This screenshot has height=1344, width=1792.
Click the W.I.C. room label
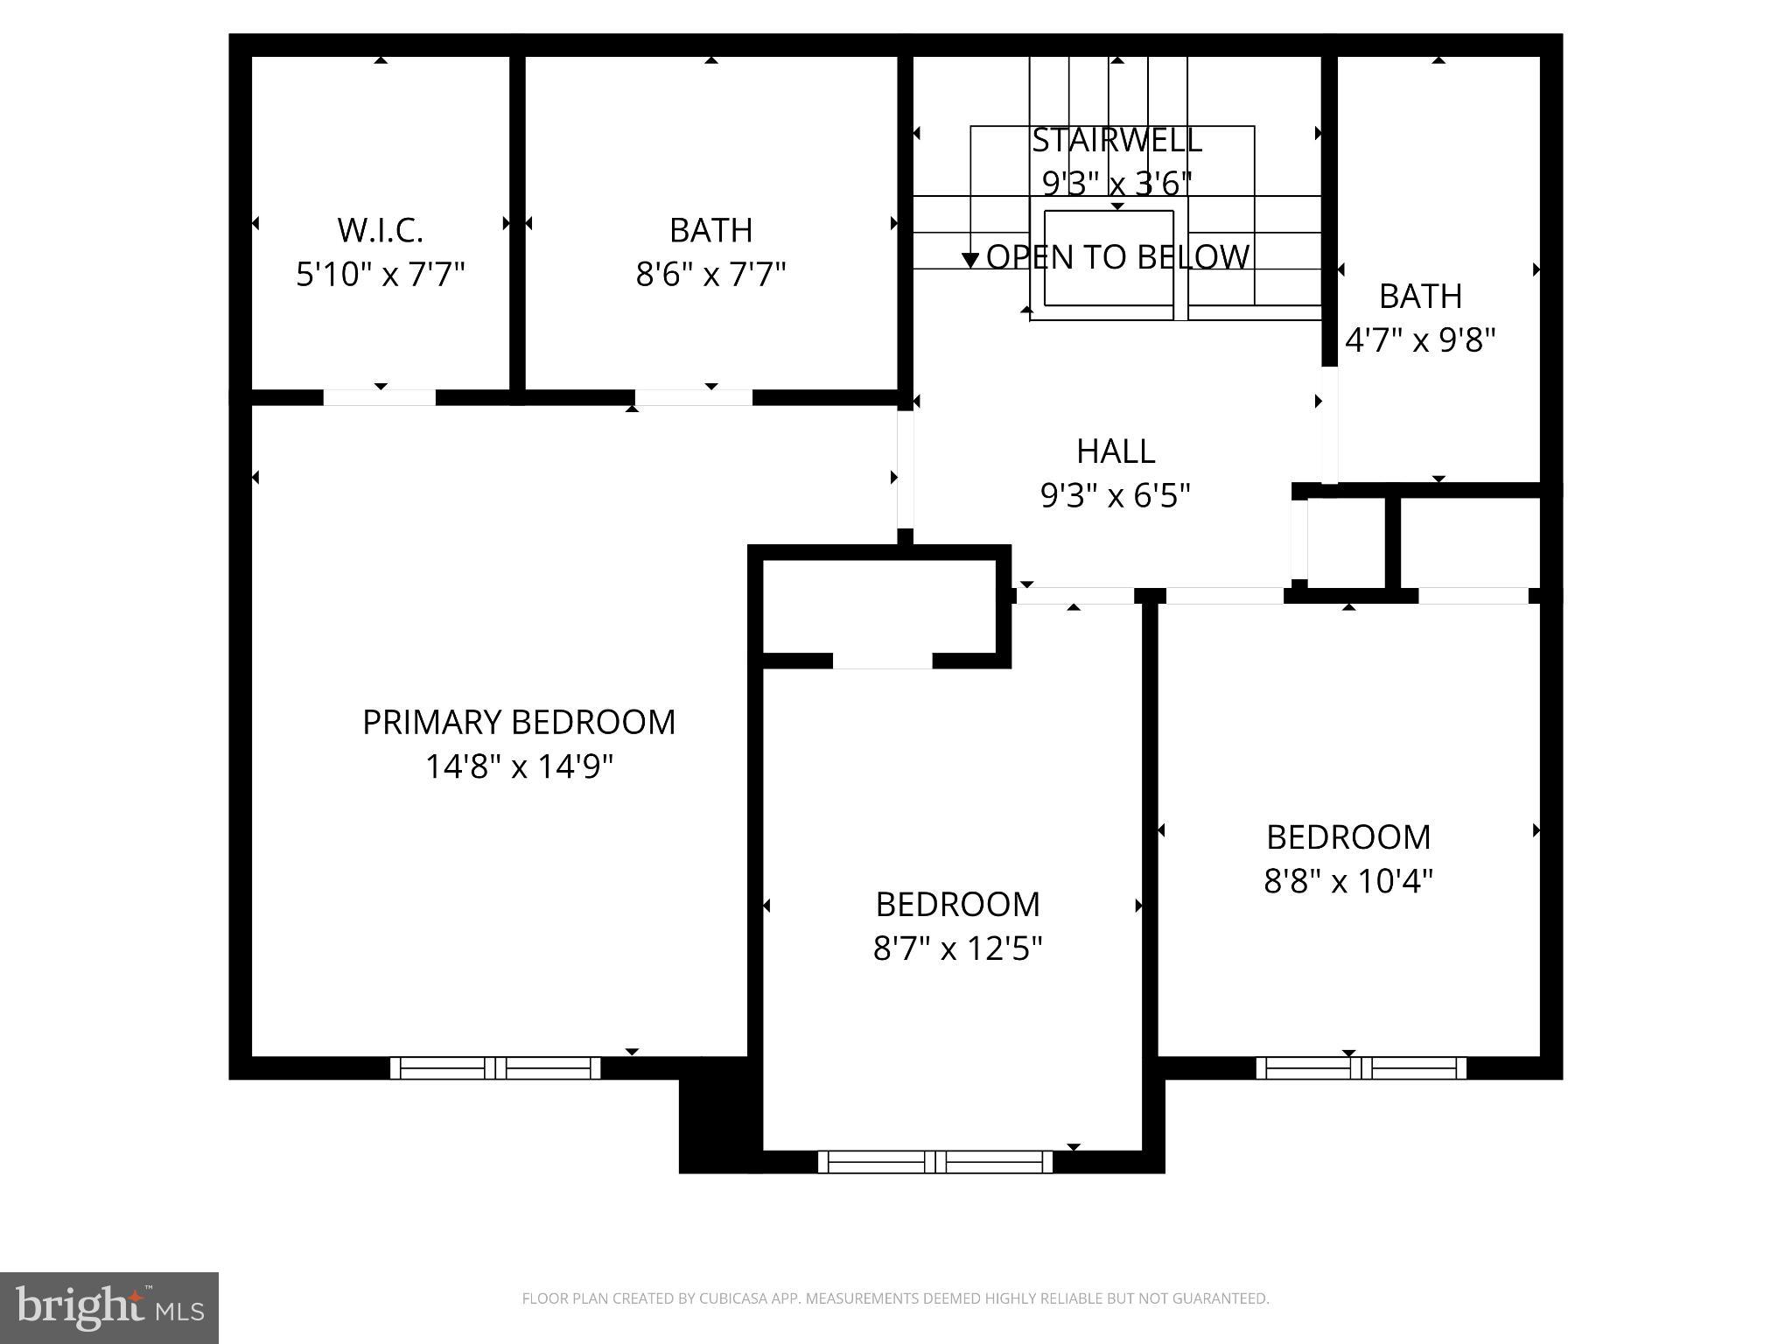tap(381, 230)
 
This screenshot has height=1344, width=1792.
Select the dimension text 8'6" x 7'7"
tap(710, 275)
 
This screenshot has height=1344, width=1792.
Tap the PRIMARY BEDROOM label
tap(519, 723)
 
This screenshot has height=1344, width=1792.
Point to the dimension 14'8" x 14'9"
tap(519, 767)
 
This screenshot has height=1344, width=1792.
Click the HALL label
tap(1116, 451)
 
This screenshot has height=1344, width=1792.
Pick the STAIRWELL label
tap(1116, 140)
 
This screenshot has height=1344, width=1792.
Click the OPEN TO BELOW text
tap(1117, 257)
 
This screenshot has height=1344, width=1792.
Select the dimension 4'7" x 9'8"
tap(1420, 340)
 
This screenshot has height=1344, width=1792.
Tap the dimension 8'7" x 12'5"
tap(958, 948)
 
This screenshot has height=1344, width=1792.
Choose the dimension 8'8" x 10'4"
tap(1348, 881)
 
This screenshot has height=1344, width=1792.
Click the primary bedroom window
tap(495, 1067)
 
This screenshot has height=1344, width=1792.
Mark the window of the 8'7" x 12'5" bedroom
tap(935, 1162)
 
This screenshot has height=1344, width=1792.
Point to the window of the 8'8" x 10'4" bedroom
tap(1361, 1067)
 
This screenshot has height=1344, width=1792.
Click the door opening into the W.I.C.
tap(380, 397)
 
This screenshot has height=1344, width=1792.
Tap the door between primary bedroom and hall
tap(906, 470)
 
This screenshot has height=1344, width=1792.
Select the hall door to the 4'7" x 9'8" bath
tap(1329, 424)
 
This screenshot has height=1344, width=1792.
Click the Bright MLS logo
tap(109, 1307)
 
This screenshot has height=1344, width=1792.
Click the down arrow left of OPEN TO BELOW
tap(969, 259)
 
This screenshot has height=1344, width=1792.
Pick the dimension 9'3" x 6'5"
tap(1116, 496)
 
